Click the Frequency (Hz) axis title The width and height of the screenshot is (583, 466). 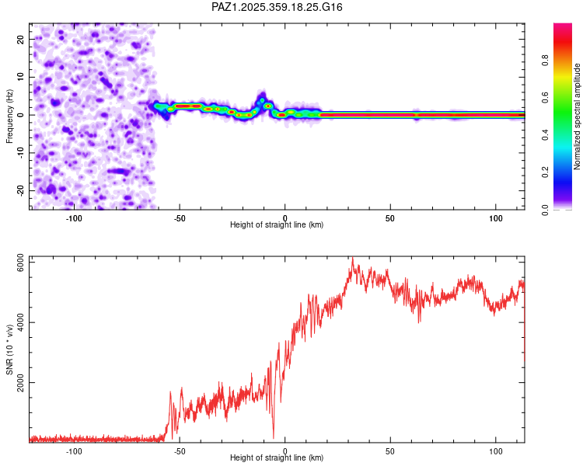tap(9, 115)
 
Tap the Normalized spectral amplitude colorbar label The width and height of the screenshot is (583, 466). tap(577, 116)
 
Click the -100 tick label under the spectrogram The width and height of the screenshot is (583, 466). tap(74, 218)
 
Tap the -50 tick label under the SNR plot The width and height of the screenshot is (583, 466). tap(180, 451)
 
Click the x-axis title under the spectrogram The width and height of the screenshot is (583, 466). tap(277, 225)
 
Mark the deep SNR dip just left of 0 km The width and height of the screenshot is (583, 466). tap(274, 437)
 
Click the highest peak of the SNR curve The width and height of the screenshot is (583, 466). tap(352, 258)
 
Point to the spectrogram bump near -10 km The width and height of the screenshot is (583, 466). tap(262, 96)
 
